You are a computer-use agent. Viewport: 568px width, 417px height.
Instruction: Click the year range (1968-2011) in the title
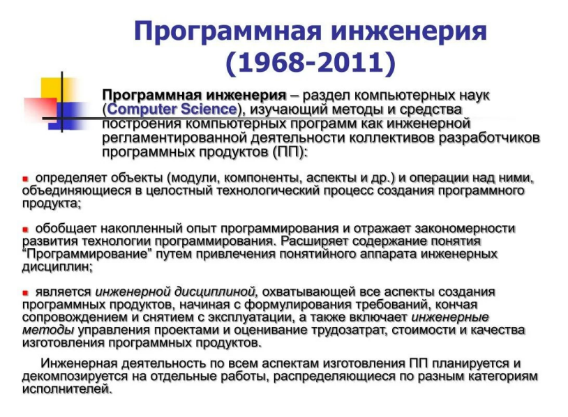(311, 63)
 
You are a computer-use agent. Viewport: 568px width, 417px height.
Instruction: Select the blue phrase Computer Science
(172, 109)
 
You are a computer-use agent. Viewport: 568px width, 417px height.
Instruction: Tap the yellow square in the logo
(54, 89)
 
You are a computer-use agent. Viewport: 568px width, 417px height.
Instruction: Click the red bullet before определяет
(25, 179)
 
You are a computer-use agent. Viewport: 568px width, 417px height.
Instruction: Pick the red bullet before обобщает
(25, 229)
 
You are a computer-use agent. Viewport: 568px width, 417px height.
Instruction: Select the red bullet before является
(25, 292)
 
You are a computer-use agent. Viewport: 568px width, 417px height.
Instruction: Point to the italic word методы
(49, 330)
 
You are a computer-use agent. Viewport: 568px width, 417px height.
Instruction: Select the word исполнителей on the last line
(66, 389)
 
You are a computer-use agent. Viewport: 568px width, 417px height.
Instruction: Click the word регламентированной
(174, 138)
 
